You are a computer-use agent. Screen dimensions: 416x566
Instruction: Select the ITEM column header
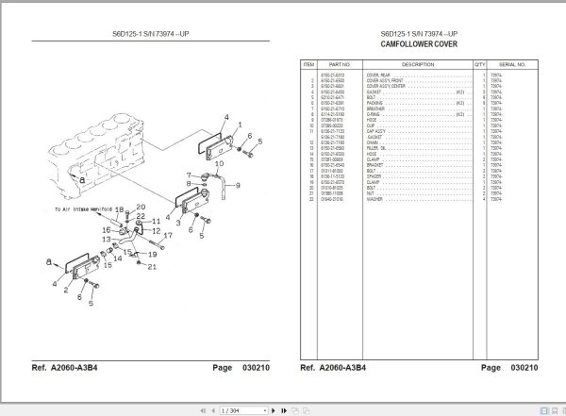(308, 64)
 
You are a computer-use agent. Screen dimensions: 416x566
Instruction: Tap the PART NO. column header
(340, 64)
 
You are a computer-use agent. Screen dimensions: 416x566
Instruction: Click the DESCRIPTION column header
(418, 64)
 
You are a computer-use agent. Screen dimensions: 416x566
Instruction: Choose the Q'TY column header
(484, 64)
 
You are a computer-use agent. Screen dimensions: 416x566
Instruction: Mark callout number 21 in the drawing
(151, 267)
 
